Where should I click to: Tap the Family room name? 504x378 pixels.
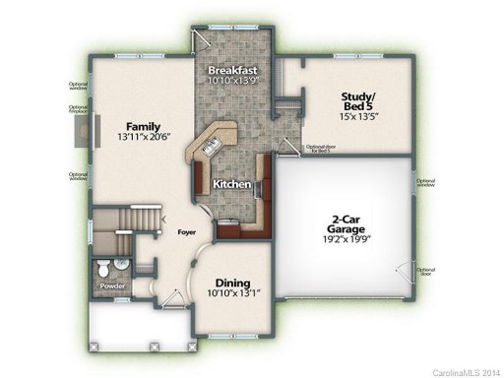144,125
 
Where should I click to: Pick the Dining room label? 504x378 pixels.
232,281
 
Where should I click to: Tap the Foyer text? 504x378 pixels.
186,232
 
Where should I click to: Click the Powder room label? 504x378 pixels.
112,286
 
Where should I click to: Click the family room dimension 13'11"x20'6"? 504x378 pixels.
144,137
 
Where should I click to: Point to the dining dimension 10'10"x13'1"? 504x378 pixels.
232,292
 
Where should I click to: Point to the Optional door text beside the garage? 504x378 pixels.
426,271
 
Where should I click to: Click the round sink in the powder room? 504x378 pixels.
120,264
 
